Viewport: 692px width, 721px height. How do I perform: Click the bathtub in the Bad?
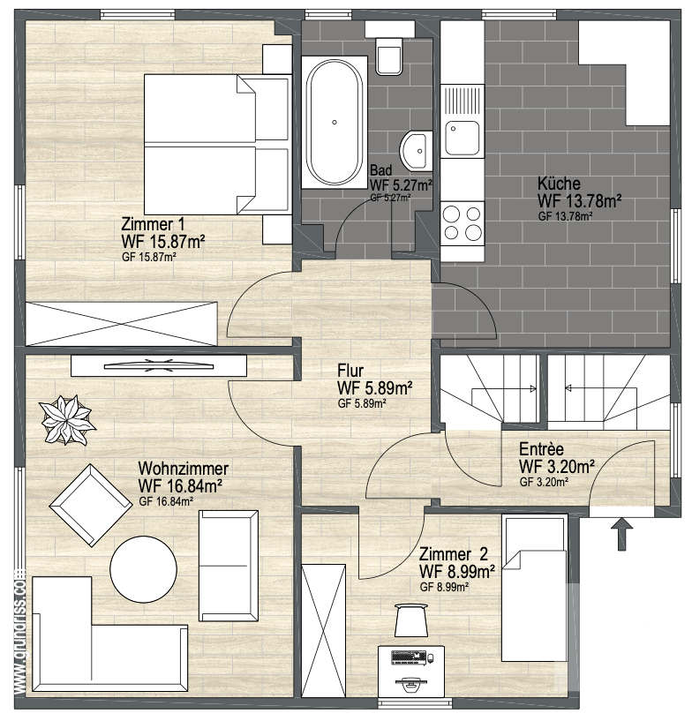pyautogui.click(x=335, y=123)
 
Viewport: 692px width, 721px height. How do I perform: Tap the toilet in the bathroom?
pyautogui.click(x=389, y=56)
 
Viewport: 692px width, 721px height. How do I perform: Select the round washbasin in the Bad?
pyautogui.click(x=416, y=150)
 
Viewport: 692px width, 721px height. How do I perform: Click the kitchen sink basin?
pyautogui.click(x=463, y=138)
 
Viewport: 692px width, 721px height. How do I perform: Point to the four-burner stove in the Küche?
pyautogui.click(x=463, y=223)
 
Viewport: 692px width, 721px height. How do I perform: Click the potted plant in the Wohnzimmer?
pyautogui.click(x=68, y=419)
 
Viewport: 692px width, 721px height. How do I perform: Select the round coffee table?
pyautogui.click(x=144, y=569)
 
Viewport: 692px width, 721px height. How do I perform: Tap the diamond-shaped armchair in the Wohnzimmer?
pyautogui.click(x=91, y=505)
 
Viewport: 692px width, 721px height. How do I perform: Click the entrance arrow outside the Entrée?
pyautogui.click(x=621, y=533)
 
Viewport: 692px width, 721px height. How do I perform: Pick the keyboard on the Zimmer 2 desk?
pyautogui.click(x=409, y=657)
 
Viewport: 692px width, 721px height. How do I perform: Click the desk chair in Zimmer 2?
pyautogui.click(x=411, y=620)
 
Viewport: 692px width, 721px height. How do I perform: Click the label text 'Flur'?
pyautogui.click(x=350, y=370)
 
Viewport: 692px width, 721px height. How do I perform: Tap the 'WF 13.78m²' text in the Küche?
pyautogui.click(x=580, y=201)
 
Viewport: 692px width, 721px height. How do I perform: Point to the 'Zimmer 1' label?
pyautogui.click(x=153, y=224)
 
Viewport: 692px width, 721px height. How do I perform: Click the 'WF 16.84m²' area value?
pyautogui.click(x=181, y=486)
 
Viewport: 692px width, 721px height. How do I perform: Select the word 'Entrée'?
pyautogui.click(x=541, y=449)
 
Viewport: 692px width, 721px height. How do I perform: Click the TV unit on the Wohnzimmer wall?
pyautogui.click(x=159, y=366)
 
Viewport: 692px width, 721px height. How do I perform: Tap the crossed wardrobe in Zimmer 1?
pyautogui.click(x=122, y=323)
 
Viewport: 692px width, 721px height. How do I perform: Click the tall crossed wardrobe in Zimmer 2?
pyautogui.click(x=323, y=631)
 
